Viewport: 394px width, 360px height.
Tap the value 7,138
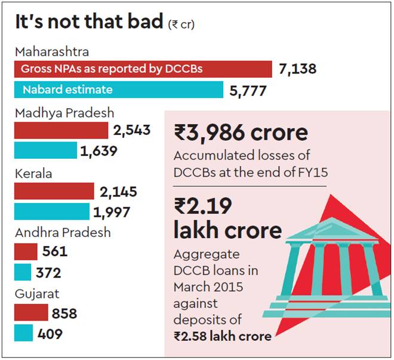297,69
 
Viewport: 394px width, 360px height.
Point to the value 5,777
248,91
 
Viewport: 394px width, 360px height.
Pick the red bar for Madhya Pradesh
61,130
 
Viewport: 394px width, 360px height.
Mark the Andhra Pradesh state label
63,232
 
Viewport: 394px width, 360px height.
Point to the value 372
48,273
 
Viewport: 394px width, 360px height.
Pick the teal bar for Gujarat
23,333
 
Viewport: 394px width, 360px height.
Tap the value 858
64,313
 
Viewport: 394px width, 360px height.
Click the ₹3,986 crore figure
241,133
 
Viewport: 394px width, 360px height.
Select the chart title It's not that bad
89,23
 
